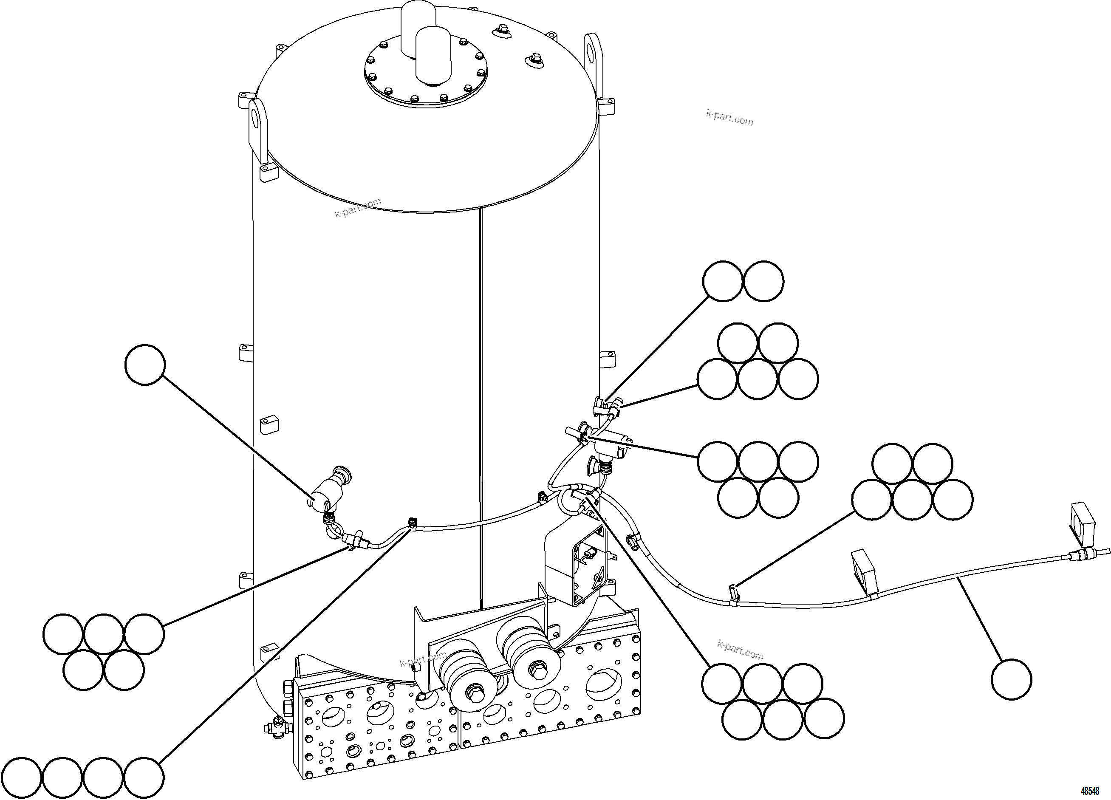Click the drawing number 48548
1089,791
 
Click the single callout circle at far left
145,365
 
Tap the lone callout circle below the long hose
1011,679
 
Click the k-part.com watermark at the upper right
729,118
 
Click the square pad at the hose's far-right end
1083,525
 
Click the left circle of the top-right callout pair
723,281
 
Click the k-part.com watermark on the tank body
358,208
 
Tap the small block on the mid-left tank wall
269,424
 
